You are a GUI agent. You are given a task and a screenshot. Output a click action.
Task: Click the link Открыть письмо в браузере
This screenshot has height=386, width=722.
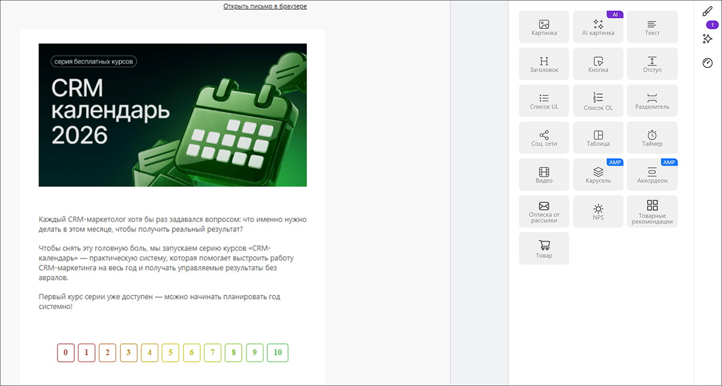pyautogui.click(x=265, y=6)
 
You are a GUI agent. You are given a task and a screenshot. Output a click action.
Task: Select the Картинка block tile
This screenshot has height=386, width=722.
pyautogui.click(x=544, y=26)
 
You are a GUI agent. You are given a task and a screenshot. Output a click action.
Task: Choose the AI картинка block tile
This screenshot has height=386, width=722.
pyautogui.click(x=598, y=26)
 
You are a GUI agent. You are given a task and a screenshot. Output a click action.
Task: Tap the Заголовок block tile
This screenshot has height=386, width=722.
pyautogui.click(x=544, y=64)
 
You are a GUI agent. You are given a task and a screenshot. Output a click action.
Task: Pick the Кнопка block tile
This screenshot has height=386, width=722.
pyautogui.click(x=598, y=64)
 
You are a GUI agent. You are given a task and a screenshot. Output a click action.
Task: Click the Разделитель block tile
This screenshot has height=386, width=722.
pyautogui.click(x=652, y=100)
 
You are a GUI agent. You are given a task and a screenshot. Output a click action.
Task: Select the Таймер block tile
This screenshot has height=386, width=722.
pyautogui.click(x=652, y=138)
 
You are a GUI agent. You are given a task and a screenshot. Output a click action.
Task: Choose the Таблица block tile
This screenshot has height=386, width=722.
pyautogui.click(x=598, y=138)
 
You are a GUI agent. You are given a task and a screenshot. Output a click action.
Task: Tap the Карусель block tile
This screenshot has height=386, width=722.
pyautogui.click(x=598, y=174)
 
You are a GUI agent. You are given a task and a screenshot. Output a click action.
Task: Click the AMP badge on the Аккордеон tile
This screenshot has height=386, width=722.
pyautogui.click(x=669, y=162)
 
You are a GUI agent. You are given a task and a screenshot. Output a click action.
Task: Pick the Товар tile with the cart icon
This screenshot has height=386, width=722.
pyautogui.click(x=544, y=248)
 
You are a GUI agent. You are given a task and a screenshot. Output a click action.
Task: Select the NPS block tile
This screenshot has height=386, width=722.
pyautogui.click(x=598, y=212)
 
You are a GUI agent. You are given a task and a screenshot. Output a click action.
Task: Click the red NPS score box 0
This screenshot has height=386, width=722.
pyautogui.click(x=66, y=352)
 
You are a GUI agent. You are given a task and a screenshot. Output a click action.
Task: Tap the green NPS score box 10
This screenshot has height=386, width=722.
pyautogui.click(x=277, y=352)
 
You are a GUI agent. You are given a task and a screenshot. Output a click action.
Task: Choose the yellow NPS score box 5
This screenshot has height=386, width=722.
pyautogui.click(x=170, y=352)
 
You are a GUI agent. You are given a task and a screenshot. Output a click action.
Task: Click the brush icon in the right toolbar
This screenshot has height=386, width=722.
pyautogui.click(x=708, y=11)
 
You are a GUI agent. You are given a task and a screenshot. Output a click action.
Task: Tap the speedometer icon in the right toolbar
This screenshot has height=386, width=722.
pyautogui.click(x=708, y=63)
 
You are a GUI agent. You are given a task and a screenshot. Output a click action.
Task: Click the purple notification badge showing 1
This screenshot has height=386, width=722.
pyautogui.click(x=712, y=25)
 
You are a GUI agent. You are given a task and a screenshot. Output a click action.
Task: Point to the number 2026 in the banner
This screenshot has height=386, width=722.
pyautogui.click(x=79, y=135)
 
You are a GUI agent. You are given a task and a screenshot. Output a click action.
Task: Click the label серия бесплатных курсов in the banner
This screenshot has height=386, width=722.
pyautogui.click(x=93, y=61)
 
